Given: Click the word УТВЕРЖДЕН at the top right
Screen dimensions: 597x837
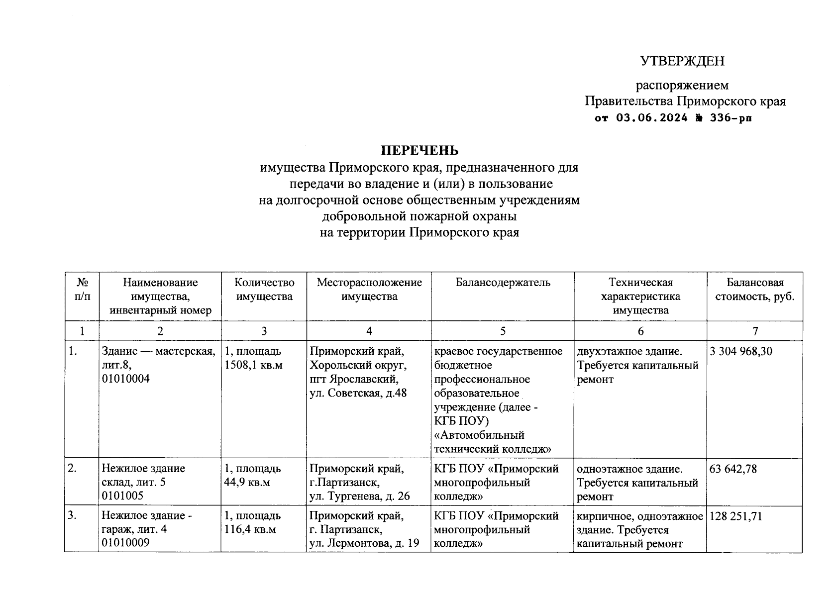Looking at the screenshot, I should point(682,61).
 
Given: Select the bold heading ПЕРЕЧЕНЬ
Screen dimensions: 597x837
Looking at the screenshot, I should point(419,150).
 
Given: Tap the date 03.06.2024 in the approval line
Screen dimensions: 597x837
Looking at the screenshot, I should point(652,118).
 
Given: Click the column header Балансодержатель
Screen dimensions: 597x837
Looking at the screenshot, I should point(503,283).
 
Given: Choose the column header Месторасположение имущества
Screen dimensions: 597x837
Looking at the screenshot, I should point(369,290).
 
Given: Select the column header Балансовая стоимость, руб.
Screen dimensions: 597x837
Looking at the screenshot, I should point(754,290).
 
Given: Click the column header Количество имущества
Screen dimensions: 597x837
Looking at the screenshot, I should point(264,290).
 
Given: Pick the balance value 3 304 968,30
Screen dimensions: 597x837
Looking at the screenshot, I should point(741,351).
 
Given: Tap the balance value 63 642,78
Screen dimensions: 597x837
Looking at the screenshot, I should point(733,469).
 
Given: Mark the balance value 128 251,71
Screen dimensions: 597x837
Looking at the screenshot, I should point(736,516).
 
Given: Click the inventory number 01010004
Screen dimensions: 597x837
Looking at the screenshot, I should point(125,379).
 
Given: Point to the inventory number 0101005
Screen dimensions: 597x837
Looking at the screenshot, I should point(122,496).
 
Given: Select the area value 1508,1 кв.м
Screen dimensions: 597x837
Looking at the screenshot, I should point(253,365).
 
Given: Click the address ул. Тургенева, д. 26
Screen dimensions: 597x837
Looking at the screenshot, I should point(359,496).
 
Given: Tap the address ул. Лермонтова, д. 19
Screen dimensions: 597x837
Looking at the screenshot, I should point(364,544).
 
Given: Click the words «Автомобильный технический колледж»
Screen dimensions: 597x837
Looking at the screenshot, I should point(492,442).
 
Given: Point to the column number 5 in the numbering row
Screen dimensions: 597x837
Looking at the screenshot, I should point(503,331).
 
